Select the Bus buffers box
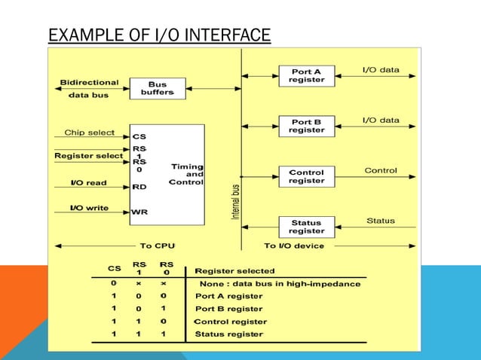click(x=157, y=87)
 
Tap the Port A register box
click(x=306, y=75)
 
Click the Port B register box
click(x=306, y=126)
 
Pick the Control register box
click(x=306, y=176)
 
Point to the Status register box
click(x=306, y=227)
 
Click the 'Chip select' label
click(x=89, y=133)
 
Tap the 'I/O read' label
click(x=89, y=183)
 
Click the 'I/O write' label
click(x=89, y=207)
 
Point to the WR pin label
click(x=139, y=212)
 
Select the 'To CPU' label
click(x=156, y=246)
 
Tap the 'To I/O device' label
click(x=294, y=246)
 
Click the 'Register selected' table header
click(x=234, y=270)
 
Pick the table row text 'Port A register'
click(x=229, y=296)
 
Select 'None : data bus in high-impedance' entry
click(x=280, y=284)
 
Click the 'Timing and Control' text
click(x=186, y=174)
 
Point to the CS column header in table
click(x=114, y=267)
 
